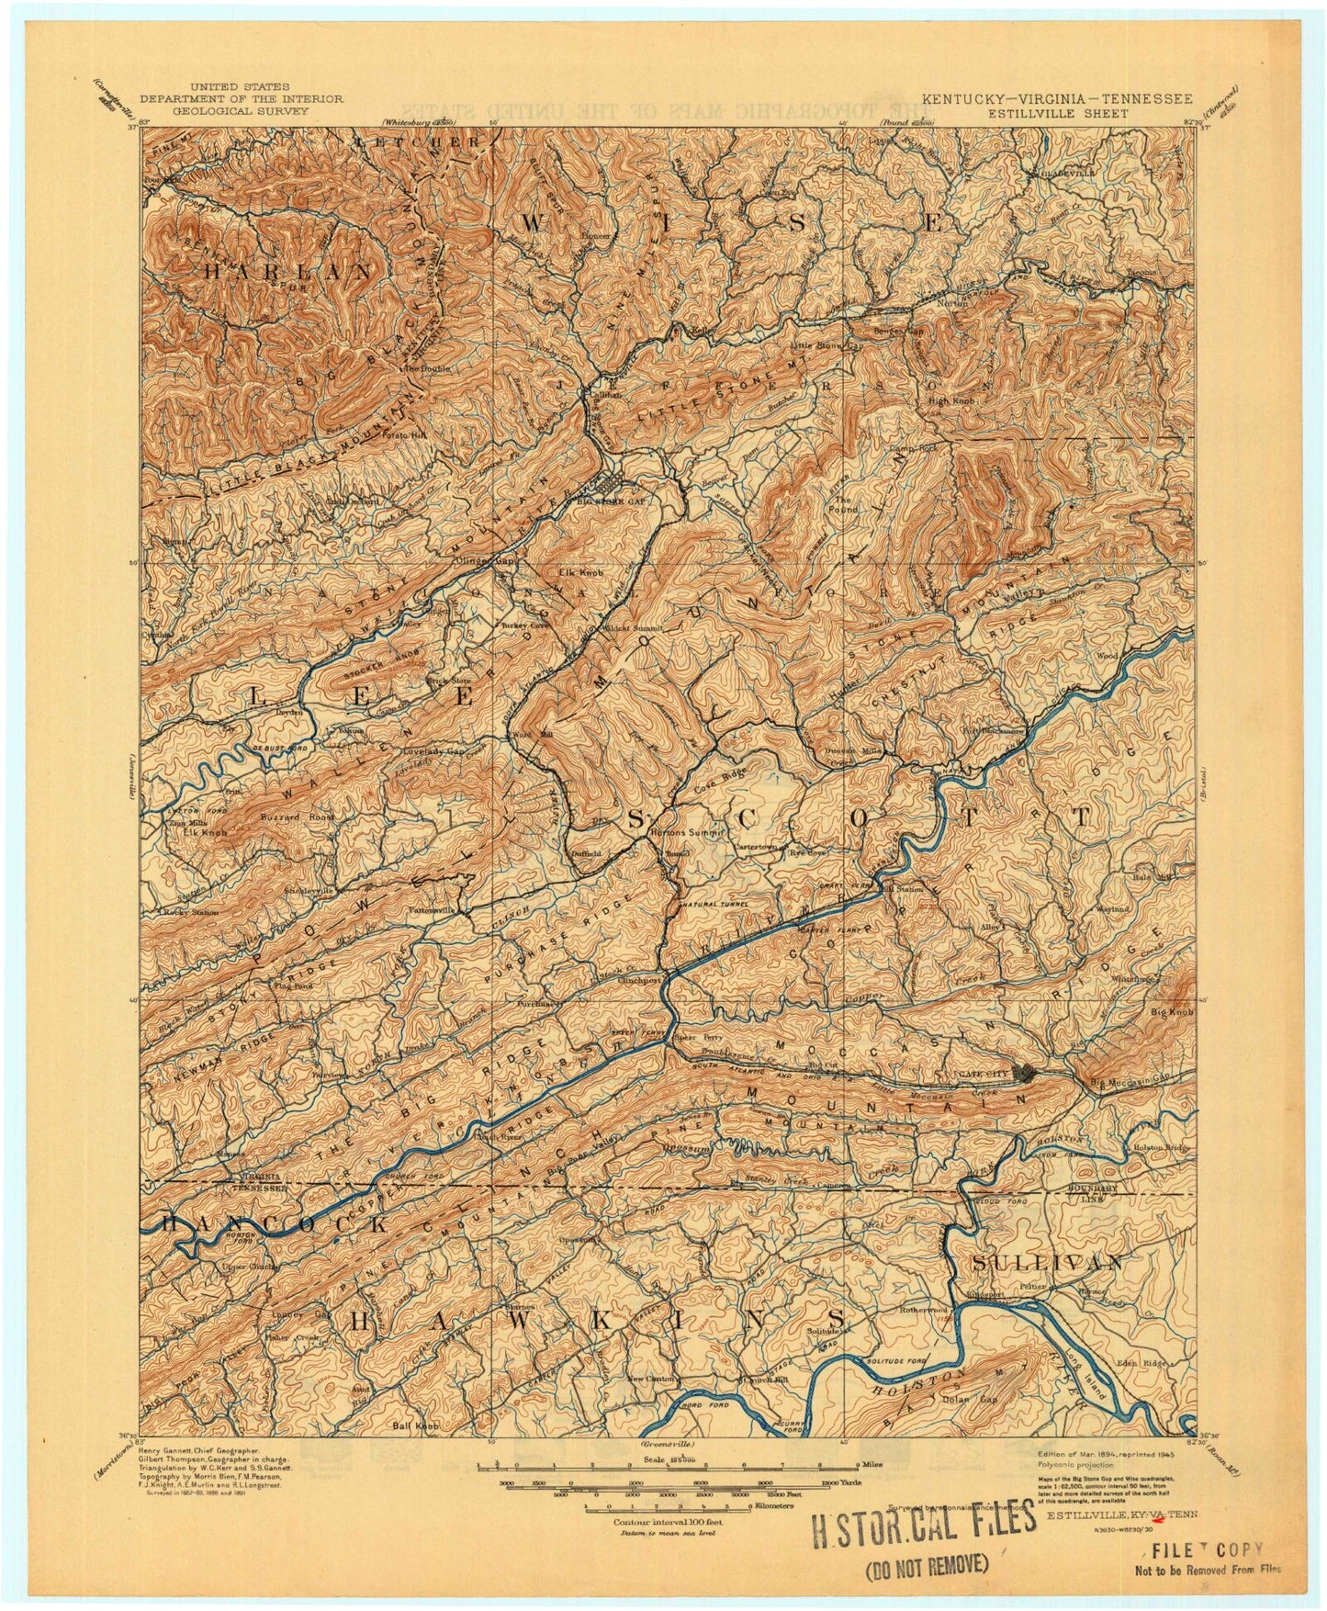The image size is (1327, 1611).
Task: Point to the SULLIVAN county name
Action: click(x=1047, y=1262)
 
